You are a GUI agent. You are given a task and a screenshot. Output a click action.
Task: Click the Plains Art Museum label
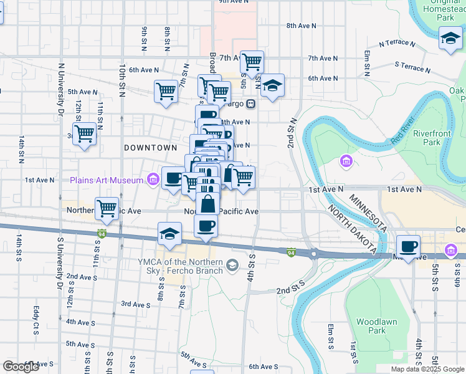(107, 180)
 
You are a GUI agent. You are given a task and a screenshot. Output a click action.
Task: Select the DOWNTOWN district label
(151, 148)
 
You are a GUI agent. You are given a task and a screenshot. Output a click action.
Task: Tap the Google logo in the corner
(21, 367)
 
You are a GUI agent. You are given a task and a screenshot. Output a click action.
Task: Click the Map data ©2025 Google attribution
(427, 369)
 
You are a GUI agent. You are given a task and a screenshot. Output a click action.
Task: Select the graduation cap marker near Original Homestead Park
(450, 39)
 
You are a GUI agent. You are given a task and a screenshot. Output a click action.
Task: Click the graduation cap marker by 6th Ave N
(272, 85)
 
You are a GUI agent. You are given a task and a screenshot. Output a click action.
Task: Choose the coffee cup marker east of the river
(408, 247)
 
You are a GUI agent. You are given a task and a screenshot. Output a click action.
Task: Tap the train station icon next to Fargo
(250, 103)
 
